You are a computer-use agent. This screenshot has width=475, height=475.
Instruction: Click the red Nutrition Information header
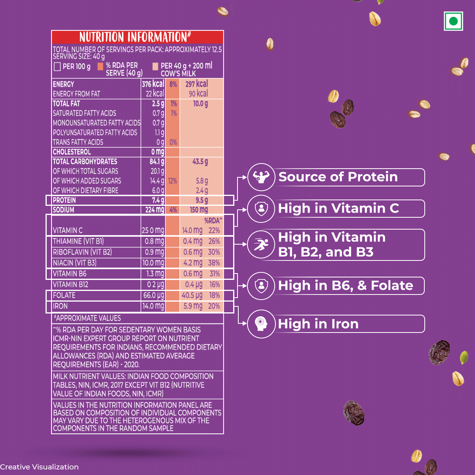click(137, 37)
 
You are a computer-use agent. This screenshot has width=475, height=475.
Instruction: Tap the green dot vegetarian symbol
click(453, 21)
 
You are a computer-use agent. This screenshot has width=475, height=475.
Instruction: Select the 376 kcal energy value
click(153, 84)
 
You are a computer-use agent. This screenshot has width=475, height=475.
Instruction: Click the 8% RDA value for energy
click(173, 84)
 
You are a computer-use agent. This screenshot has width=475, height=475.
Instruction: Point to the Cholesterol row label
click(72, 152)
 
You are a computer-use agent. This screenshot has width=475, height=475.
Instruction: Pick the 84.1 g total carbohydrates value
click(157, 162)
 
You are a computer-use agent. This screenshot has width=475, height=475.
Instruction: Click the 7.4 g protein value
click(158, 200)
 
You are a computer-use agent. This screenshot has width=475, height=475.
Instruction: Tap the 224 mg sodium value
click(154, 210)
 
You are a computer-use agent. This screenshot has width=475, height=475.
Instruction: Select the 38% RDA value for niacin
click(214, 263)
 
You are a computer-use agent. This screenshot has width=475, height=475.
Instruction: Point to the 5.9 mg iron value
click(193, 306)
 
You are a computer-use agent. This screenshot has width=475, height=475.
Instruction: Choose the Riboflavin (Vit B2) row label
click(82, 252)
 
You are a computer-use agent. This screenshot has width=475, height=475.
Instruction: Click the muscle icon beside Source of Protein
click(261, 177)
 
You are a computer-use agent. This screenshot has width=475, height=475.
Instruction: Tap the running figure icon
click(261, 244)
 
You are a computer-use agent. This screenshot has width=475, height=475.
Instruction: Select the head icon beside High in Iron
click(261, 324)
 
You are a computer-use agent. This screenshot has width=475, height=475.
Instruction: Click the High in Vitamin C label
click(338, 208)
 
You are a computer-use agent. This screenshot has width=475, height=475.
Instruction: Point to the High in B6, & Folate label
click(346, 285)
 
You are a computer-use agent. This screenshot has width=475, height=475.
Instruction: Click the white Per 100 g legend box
click(57, 66)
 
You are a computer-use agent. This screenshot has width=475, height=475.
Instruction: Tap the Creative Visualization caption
click(40, 467)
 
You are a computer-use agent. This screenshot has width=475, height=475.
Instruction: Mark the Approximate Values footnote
click(87, 318)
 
